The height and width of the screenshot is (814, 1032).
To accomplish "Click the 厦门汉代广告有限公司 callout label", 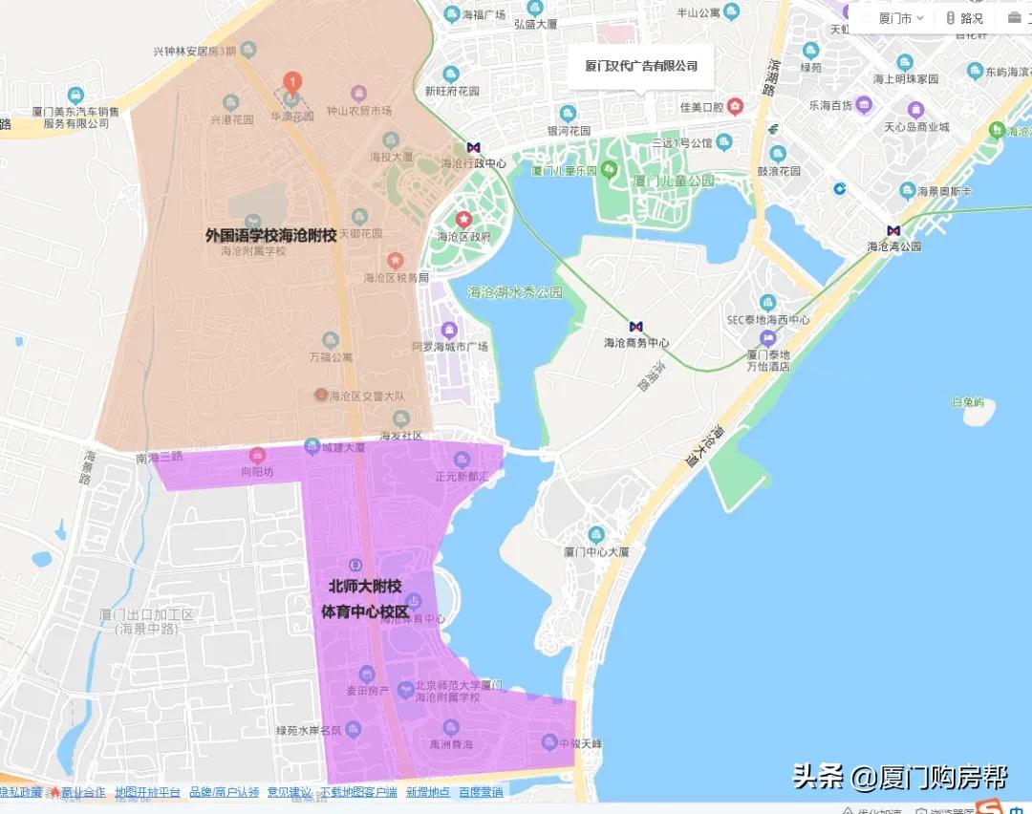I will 641,66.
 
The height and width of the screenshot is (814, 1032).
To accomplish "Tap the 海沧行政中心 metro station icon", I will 473,147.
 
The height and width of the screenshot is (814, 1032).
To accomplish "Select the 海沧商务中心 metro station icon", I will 636,327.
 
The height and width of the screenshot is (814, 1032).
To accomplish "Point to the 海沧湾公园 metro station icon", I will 893,230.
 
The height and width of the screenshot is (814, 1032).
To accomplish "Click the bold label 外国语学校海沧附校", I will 270,234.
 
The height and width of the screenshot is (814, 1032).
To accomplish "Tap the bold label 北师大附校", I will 365,587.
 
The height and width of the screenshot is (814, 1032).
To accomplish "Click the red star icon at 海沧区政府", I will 463,220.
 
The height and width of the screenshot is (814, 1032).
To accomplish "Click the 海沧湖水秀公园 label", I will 515,292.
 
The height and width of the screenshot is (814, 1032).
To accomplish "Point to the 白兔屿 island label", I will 967,403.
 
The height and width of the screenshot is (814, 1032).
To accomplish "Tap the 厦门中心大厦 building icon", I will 596,534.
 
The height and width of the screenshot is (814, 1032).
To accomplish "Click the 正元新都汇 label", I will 462,475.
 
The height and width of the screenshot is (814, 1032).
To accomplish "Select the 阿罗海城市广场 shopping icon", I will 448,331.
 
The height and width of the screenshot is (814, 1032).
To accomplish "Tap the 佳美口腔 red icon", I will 735,106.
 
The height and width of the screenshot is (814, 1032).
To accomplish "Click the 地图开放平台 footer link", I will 147,792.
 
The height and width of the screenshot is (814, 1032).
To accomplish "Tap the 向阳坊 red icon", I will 256,456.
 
